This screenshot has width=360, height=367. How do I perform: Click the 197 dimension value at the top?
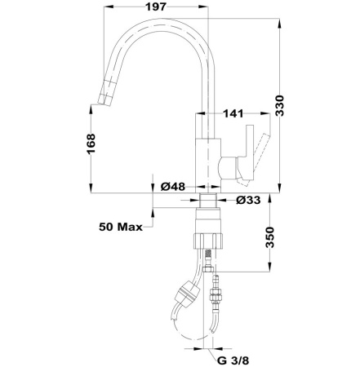pos(148,9)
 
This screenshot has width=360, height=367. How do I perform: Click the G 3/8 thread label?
pos(234,356)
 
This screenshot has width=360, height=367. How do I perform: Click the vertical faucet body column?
pos(207,151)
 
